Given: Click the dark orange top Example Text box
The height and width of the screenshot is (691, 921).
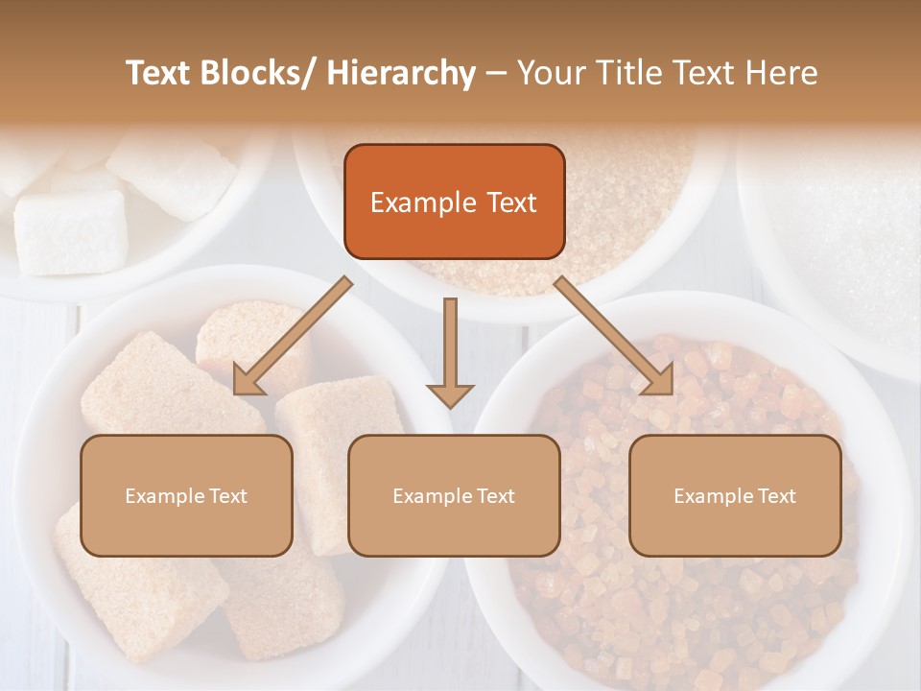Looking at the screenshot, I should [454, 202].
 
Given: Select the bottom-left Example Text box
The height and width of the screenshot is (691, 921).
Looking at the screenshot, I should [186, 495].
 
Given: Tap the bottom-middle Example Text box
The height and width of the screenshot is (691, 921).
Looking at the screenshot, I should [454, 495].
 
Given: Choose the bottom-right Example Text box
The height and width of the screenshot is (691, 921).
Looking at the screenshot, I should [735, 495].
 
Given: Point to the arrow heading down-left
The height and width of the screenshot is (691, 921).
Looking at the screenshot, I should [294, 335].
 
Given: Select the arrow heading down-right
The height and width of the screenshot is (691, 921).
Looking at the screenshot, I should [614, 335].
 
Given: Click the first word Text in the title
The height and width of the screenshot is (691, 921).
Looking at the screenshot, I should [158, 73].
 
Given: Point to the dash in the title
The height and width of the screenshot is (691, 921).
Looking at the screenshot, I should [496, 73].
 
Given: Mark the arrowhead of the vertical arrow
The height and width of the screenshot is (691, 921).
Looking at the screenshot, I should [450, 393].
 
